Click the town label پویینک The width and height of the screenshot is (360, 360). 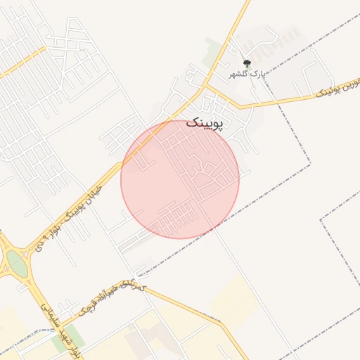click(x=207, y=124)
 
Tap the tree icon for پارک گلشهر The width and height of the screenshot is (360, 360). click(x=246, y=64)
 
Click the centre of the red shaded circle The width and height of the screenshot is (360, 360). click(x=180, y=179)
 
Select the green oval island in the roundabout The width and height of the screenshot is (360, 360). click(x=17, y=264)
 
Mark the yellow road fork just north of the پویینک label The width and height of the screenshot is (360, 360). click(x=205, y=87)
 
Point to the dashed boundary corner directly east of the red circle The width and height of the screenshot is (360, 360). click(x=310, y=165)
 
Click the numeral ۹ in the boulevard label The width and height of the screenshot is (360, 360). click(x=53, y=231)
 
